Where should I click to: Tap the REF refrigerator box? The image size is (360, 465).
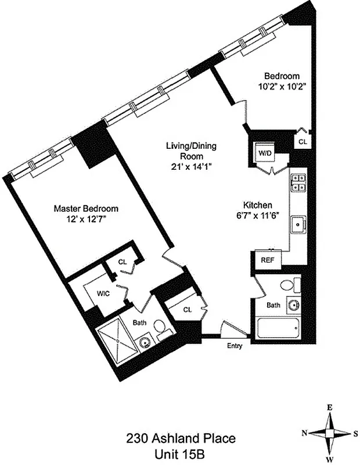pyautogui.click(x=267, y=260)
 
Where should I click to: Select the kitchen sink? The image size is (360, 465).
pyautogui.click(x=300, y=223)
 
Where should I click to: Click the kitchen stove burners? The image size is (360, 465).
pyautogui.click(x=298, y=183)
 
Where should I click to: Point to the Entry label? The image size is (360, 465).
pyautogui.click(x=235, y=347)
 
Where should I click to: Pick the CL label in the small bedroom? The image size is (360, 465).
pyautogui.click(x=303, y=141)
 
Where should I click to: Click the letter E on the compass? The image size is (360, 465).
pyautogui.click(x=329, y=408)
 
